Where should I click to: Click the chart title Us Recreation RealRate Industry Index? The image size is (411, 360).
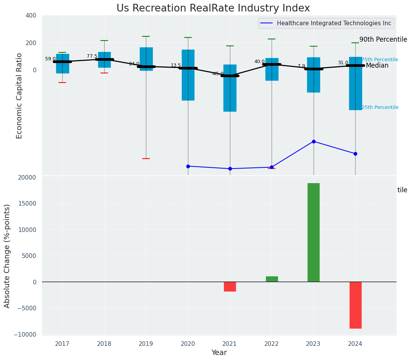213,8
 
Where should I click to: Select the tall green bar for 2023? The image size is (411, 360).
314,232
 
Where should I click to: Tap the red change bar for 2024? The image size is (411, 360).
355,305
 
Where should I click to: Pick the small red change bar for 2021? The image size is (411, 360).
230,287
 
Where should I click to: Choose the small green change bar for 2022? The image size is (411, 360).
272,279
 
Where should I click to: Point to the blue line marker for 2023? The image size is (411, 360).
314,141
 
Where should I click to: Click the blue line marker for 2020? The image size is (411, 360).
188,166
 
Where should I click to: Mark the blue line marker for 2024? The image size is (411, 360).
355,154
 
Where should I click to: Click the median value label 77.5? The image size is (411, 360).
92,56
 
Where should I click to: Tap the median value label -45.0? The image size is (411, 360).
218,74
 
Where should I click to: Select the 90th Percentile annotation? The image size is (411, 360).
383,39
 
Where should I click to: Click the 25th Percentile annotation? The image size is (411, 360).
380,107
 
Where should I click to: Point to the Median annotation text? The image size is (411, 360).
377,66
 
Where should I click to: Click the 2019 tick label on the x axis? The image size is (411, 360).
146,344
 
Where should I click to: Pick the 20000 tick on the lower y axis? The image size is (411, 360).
26,177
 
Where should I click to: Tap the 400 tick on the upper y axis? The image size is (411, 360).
31,15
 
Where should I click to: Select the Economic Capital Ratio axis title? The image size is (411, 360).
19,96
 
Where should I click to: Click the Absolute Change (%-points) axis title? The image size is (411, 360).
7,256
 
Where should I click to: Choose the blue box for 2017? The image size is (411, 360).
63,63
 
